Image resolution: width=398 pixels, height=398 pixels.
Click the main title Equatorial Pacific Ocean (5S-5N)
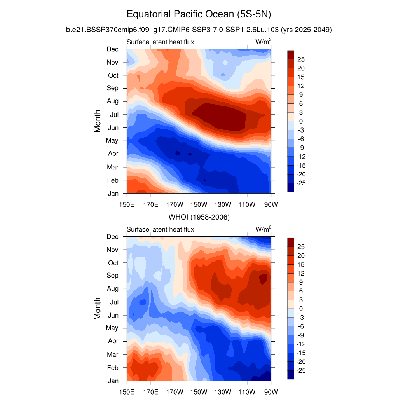[199, 15]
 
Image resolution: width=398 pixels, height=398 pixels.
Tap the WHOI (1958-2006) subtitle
[199, 217]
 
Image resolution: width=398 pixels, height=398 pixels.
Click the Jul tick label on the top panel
[113, 115]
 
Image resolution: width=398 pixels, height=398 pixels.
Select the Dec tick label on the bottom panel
[113, 237]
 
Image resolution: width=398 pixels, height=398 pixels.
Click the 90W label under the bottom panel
[271, 391]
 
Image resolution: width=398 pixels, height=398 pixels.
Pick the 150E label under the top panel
[127, 204]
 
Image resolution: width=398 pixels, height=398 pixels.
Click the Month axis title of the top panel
[98, 121]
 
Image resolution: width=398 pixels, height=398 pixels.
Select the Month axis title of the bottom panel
[98, 309]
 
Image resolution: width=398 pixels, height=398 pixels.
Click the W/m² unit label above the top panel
[263, 42]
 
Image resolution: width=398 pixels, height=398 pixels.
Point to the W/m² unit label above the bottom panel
[263, 229]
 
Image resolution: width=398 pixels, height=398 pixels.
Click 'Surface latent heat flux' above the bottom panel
[160, 230]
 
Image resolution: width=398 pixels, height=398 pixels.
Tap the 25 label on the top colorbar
[301, 59]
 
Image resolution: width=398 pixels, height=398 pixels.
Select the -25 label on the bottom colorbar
[301, 370]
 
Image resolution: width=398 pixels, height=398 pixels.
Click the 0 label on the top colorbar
[300, 121]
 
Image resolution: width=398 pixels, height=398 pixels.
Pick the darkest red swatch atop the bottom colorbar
[291, 242]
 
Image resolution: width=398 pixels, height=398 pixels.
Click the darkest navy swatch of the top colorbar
[291, 187]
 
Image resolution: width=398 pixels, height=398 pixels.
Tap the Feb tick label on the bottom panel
[113, 368]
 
